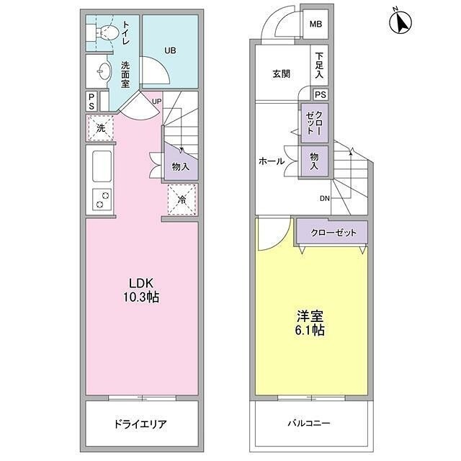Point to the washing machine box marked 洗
click(x=100, y=128)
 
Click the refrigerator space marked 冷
click(x=182, y=198)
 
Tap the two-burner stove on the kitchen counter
click(x=102, y=198)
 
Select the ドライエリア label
click(x=142, y=424)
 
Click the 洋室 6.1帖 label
click(x=310, y=323)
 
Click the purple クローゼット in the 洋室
click(x=332, y=232)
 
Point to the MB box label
click(x=315, y=24)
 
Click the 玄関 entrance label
click(x=281, y=73)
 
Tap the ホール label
click(x=271, y=161)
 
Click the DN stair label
click(x=325, y=199)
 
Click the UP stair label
click(x=156, y=101)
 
